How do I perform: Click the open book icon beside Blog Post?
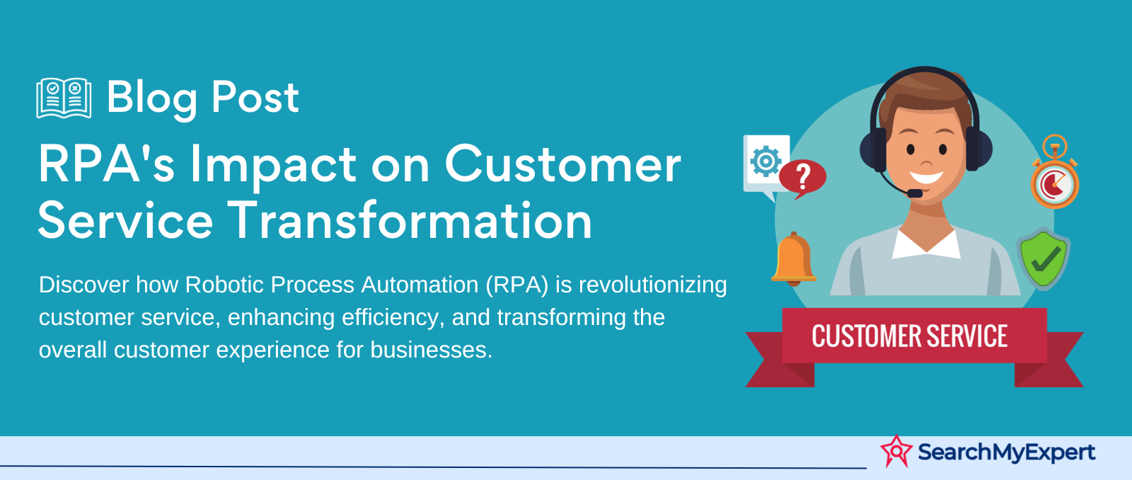tap(64, 98)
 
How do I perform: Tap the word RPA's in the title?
tap(106, 164)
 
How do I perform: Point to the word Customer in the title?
tap(563, 164)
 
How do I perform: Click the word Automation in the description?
tap(420, 285)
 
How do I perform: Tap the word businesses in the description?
tap(431, 350)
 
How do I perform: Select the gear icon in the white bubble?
tap(766, 161)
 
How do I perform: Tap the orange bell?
tap(793, 258)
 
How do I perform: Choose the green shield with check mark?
tap(1044, 258)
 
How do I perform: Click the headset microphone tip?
tap(914, 193)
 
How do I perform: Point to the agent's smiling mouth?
tap(926, 176)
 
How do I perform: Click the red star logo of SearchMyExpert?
tap(896, 451)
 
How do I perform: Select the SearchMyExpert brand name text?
tap(1006, 452)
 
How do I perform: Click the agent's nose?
tap(926, 161)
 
